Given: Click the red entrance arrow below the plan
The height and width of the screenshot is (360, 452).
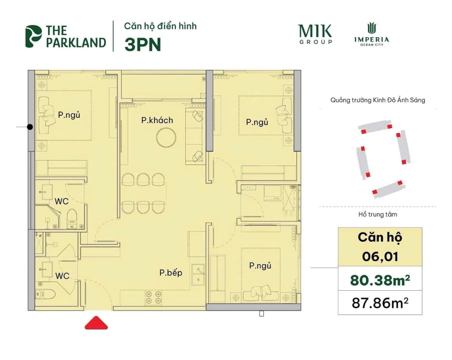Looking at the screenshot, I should coord(96,324).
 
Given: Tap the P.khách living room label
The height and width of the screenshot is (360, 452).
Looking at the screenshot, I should coord(157,121).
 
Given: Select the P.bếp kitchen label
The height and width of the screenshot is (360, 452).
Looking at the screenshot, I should coord(171,273).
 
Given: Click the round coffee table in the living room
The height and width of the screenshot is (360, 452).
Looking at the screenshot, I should coord(166,138).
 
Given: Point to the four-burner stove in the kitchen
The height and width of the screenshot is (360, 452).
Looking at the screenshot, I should coord(153,298).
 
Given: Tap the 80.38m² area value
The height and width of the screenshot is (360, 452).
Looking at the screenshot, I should coord(380,280).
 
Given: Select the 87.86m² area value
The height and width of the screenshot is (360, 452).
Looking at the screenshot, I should coord(380,303).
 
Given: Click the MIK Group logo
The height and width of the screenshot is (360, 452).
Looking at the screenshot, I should coord(315,34).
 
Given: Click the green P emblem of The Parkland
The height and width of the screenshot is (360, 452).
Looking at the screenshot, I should coord(33,36).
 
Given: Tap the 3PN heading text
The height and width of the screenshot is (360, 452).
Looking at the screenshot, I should coord(143,45).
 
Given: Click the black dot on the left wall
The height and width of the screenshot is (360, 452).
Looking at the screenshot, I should coord(30,127).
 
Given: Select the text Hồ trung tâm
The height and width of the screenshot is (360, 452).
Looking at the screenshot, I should coord(378,215).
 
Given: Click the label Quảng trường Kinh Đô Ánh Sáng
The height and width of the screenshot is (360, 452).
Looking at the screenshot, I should coord(378,100).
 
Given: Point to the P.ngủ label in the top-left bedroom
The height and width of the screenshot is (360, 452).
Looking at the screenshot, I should coord(69,115).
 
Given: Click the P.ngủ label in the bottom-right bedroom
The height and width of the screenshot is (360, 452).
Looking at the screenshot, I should coord(260,266).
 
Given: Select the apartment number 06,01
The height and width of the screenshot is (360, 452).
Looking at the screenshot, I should coord(380,257).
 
